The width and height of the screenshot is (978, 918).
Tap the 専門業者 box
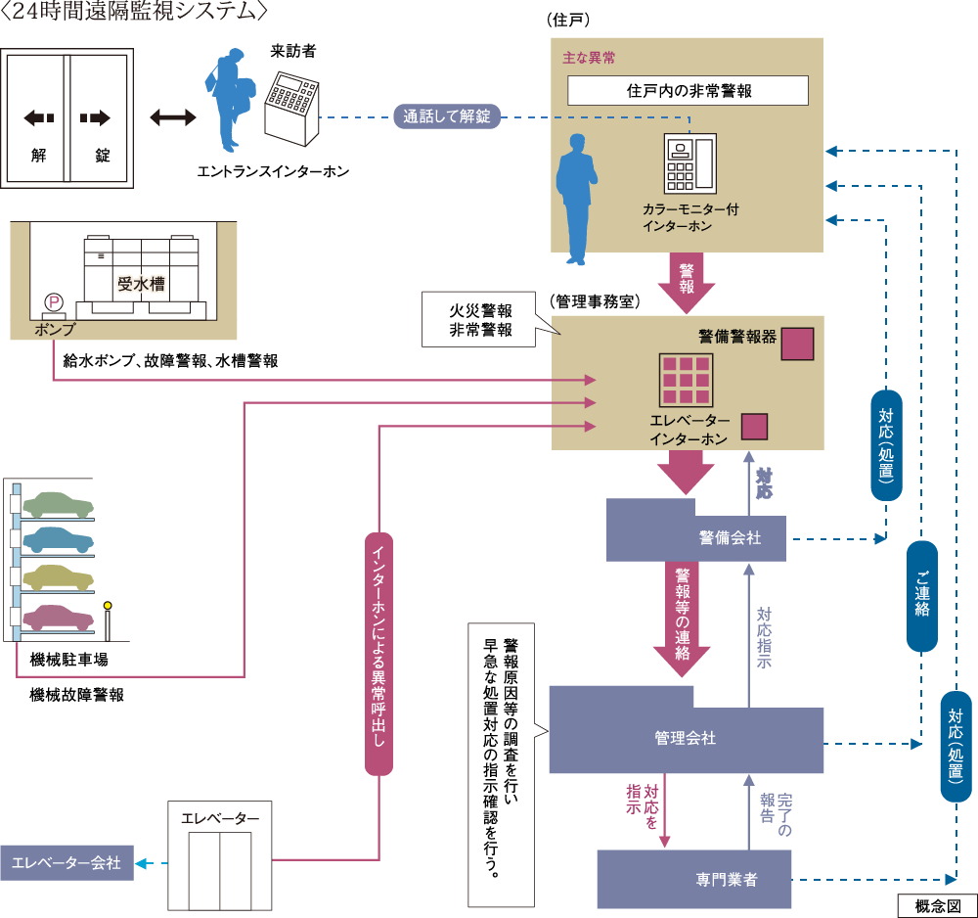(x=695, y=879)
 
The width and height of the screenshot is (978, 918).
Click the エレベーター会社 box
(x=67, y=862)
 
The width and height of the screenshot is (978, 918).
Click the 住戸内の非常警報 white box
(x=688, y=90)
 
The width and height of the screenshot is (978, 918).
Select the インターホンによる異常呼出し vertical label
(x=378, y=654)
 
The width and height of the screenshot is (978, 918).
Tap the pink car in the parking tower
(x=59, y=618)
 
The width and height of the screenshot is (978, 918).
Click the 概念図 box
(x=936, y=905)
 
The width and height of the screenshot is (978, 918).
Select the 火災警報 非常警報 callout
(x=479, y=319)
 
